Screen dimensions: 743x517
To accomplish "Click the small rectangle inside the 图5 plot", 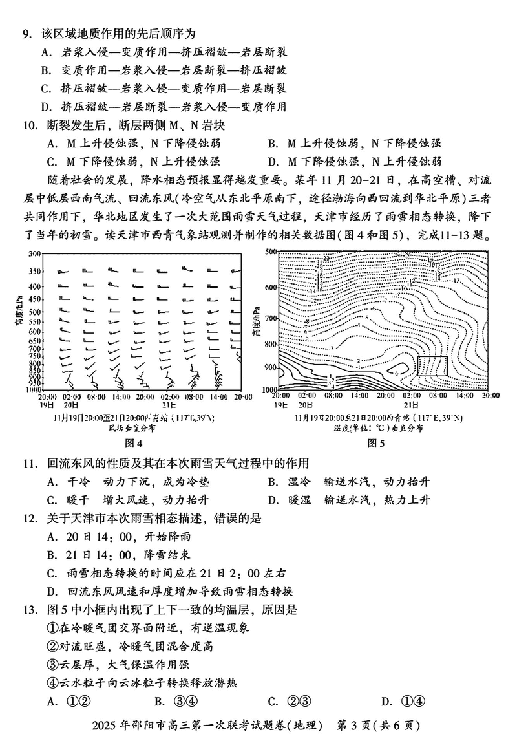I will [432, 365].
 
